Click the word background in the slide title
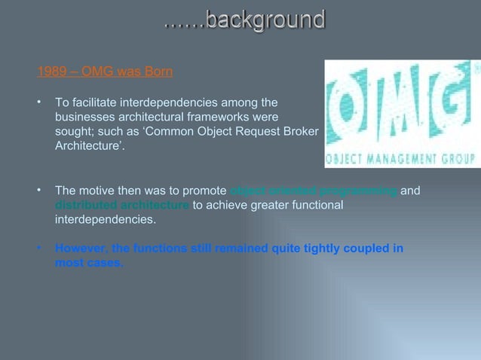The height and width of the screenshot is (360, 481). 265,19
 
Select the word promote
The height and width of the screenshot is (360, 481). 204,191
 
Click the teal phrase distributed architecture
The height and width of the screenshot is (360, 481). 122,205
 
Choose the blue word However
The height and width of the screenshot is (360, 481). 81,249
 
